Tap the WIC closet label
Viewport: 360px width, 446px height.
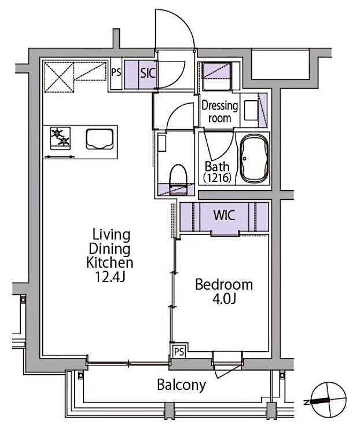tap(224, 215)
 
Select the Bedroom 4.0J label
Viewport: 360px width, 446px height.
tap(223, 291)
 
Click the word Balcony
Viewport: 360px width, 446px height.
tap(182, 385)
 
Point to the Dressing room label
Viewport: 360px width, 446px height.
tap(219, 112)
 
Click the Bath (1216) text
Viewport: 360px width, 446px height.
tap(218, 172)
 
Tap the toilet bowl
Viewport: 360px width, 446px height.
tap(177, 174)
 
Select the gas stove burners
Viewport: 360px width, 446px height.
tap(60, 137)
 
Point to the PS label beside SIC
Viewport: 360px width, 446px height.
tap(116, 74)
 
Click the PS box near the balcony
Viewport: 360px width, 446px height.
tap(179, 351)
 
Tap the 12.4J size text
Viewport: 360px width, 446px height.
tap(109, 276)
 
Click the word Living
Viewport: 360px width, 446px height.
tap(111, 235)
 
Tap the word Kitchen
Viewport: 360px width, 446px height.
tap(110, 262)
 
